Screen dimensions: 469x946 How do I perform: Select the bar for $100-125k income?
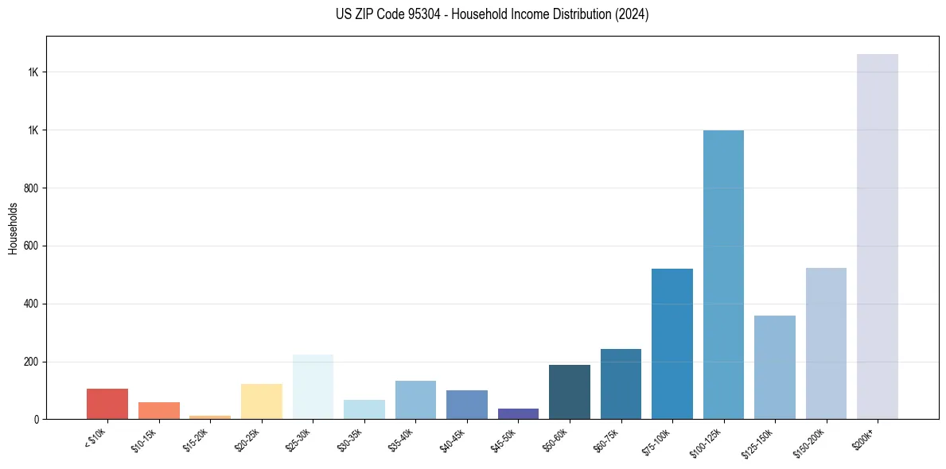[x=723, y=274]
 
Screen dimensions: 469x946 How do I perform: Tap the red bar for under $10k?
[x=107, y=404]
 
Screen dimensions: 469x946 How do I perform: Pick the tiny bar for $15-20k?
[x=210, y=417]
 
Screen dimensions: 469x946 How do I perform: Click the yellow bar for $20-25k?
[x=261, y=401]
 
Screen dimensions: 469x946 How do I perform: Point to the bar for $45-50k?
[x=518, y=413]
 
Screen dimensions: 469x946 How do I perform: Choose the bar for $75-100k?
[x=672, y=343]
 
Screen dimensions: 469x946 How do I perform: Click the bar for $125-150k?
[x=774, y=367]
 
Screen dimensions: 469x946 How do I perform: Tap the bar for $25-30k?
[x=313, y=386]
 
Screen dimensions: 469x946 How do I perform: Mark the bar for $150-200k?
[x=826, y=343]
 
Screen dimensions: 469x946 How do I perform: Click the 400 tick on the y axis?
[x=31, y=304]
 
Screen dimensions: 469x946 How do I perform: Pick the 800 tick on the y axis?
[x=31, y=188]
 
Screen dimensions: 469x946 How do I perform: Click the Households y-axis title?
[x=13, y=228]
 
